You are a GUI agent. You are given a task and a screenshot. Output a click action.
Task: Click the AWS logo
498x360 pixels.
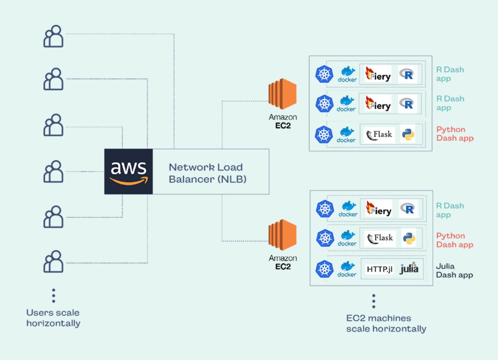(128, 171)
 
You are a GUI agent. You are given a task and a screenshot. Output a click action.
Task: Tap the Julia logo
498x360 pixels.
(409, 269)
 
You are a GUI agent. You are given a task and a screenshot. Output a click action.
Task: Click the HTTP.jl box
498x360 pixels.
(379, 269)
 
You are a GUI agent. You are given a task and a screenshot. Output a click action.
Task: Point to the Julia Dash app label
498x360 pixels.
(454, 270)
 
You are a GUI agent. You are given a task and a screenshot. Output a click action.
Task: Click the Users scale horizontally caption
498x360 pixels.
(53, 318)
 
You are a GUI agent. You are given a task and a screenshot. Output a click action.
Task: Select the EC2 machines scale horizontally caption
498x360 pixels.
(386, 324)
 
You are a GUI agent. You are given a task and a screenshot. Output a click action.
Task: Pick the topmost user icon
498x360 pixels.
(54, 36)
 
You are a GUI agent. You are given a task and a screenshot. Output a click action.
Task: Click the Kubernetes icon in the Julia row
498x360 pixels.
(325, 269)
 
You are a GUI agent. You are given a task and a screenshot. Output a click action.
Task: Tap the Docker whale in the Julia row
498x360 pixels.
(347, 269)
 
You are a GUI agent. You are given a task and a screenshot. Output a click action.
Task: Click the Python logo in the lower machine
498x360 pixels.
(409, 239)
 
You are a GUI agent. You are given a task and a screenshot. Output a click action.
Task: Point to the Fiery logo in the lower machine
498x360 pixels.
(378, 209)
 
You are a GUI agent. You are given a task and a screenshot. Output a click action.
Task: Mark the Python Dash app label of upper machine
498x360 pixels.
(454, 134)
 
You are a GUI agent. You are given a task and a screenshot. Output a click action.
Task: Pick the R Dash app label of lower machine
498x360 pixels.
(450, 210)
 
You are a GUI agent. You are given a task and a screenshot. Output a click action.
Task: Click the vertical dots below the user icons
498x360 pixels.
(54, 295)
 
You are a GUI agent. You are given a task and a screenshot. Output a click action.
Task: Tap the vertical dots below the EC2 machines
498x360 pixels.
(373, 302)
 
